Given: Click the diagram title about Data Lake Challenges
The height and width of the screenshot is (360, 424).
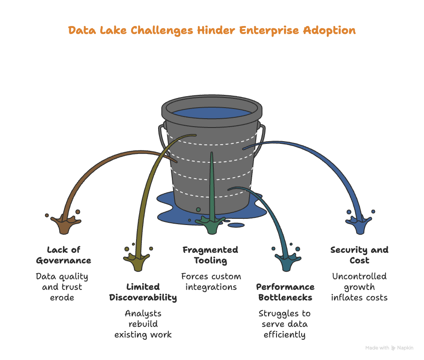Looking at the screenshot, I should [x=212, y=30].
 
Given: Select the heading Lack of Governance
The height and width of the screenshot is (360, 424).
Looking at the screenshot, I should [x=64, y=255].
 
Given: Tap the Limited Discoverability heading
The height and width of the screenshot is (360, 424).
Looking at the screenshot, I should [x=143, y=292].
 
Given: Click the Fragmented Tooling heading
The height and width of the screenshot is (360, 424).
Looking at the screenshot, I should [x=210, y=255].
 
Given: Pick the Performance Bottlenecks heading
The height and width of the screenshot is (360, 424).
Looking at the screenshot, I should [x=285, y=292].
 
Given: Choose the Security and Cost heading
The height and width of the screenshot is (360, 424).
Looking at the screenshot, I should [x=359, y=255].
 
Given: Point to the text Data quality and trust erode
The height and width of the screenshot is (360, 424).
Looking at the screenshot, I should [x=62, y=287].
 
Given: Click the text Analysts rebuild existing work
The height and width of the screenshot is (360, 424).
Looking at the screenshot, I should [x=143, y=324].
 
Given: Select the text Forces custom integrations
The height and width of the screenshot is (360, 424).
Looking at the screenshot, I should [x=211, y=281].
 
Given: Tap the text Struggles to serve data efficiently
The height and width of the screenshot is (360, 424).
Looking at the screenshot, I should [x=284, y=324].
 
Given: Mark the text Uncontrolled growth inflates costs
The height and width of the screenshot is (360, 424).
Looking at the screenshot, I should [x=359, y=287].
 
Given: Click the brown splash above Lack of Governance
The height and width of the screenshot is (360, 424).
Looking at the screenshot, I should [x=64, y=225].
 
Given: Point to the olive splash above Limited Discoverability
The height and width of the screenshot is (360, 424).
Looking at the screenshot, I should [x=137, y=262].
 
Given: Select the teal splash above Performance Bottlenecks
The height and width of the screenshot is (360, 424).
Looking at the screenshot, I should [x=285, y=263].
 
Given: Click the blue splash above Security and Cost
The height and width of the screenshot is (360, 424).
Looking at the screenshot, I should [x=360, y=225].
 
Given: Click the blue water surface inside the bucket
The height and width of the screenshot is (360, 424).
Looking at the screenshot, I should [x=211, y=112].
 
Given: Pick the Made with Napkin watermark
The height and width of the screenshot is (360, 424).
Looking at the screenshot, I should [x=389, y=348].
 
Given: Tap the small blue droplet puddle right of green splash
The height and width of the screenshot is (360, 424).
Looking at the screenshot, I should [x=237, y=225].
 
